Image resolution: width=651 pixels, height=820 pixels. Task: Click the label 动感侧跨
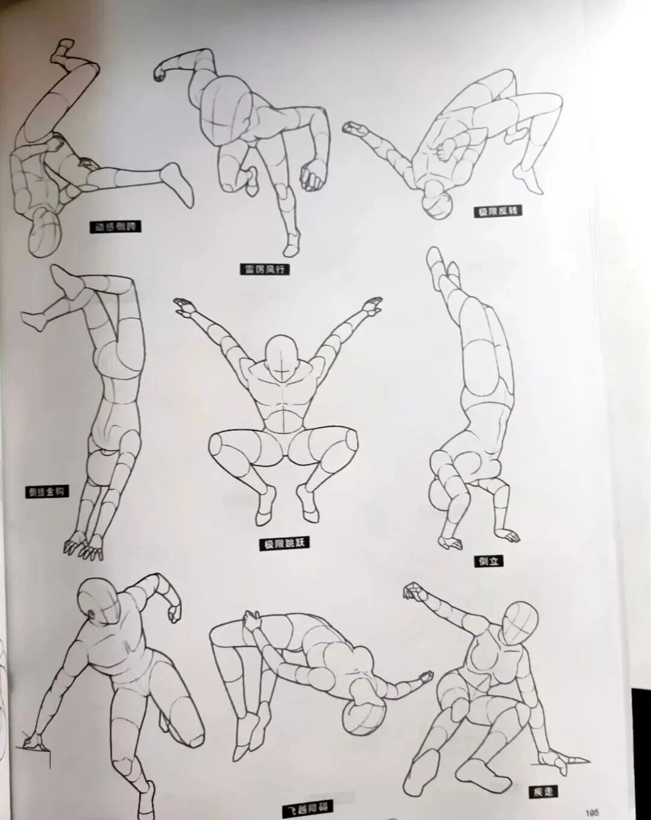coord(115,227)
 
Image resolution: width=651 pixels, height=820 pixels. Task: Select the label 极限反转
coord(497,211)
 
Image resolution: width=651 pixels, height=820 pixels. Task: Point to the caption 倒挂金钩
coord(47,491)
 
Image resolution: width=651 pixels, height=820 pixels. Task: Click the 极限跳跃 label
coord(284,543)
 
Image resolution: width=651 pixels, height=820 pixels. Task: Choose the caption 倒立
coord(488,561)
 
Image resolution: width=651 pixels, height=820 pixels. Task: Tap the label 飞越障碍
coord(308,807)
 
